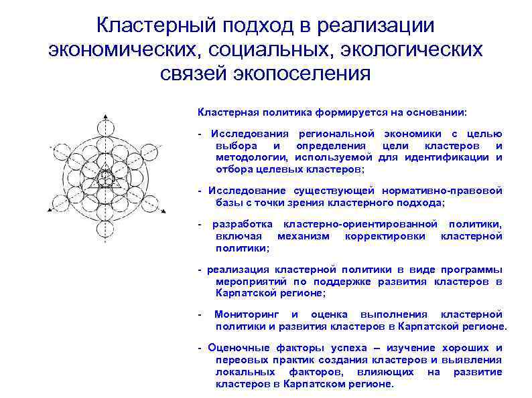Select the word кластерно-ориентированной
tap(360, 224)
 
